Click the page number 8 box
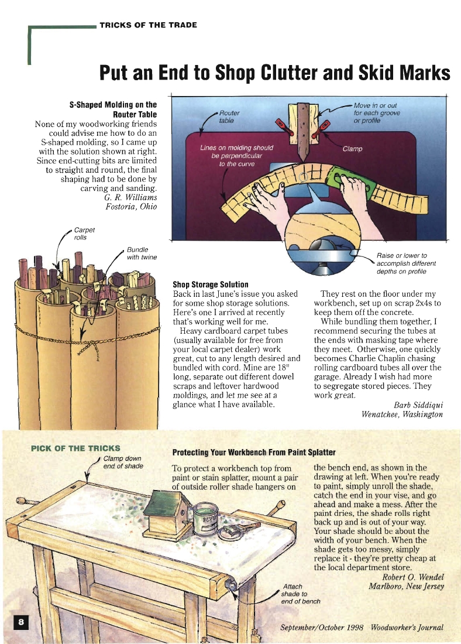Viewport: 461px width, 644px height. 21,623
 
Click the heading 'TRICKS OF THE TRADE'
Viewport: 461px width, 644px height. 148,25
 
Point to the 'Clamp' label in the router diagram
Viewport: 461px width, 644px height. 352,149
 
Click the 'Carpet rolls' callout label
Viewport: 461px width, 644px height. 84,234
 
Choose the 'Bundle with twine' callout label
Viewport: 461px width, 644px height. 142,254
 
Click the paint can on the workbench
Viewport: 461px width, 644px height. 207,519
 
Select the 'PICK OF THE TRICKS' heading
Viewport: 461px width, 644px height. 75,448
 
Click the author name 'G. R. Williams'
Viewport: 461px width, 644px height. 130,197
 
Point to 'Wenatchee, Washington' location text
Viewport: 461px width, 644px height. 402,414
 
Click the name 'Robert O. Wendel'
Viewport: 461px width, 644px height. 413,577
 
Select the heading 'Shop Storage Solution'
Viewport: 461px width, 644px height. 211,285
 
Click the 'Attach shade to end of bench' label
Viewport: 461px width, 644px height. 301,594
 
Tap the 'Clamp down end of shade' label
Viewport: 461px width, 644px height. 123,463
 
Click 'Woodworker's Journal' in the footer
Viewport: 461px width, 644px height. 407,627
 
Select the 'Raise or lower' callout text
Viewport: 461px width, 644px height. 406,263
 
